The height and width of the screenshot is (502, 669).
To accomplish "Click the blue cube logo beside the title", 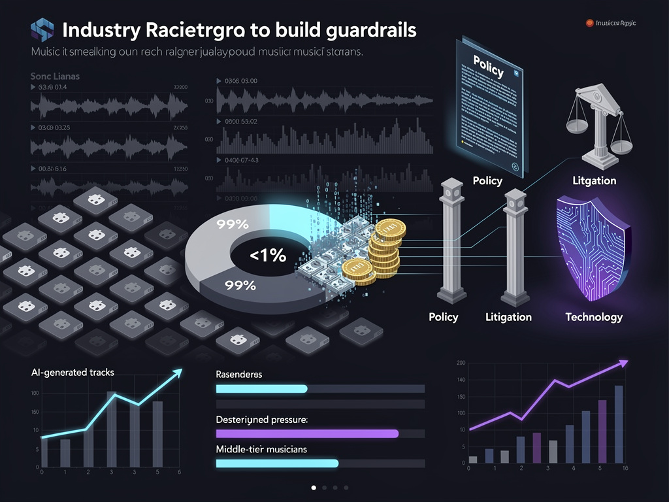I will (x=42, y=30).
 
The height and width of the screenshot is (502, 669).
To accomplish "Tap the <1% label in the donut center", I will (x=268, y=256).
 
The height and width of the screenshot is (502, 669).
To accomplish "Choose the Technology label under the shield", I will (x=593, y=317).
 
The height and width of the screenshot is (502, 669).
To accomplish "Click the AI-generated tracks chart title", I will (x=73, y=373).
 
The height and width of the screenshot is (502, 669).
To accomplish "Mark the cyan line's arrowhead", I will (x=177, y=373).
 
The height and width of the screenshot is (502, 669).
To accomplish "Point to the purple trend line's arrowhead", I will (x=624, y=363).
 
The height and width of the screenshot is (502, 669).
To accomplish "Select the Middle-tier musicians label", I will (x=261, y=449).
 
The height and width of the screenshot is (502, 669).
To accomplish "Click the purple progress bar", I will (x=307, y=433).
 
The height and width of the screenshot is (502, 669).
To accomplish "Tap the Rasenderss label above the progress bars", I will (x=238, y=375).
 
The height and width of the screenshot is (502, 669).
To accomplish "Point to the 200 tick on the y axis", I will (x=461, y=363).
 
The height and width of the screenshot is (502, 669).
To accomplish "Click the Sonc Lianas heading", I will (x=55, y=76).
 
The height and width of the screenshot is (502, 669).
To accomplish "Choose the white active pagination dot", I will (x=314, y=488).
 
